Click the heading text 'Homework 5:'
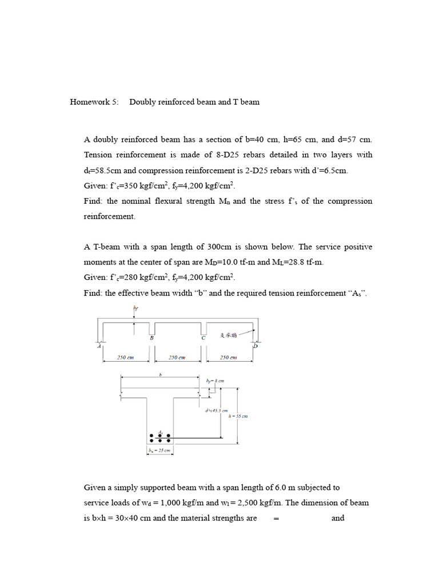[x=94, y=102]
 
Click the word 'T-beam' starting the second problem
[x=105, y=247]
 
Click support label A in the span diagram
[x=98, y=346]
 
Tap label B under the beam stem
[x=151, y=338]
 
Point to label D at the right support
[x=256, y=345]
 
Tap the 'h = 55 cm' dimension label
[x=238, y=416]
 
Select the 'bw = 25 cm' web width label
[x=159, y=451]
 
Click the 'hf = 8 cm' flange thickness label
[x=215, y=380]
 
